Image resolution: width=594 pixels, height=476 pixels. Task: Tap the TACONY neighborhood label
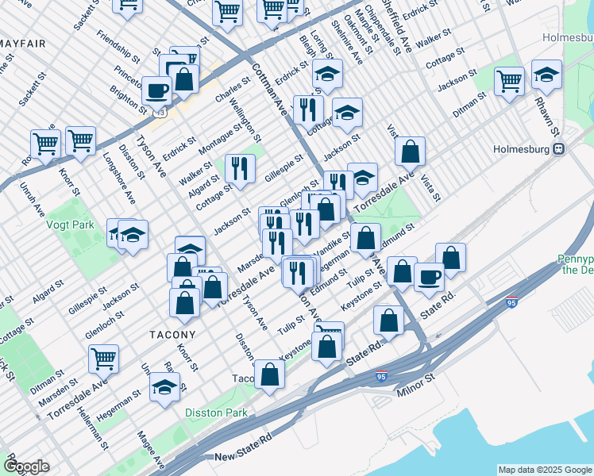[x=172, y=335]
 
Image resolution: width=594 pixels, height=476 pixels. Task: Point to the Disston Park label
[x=216, y=413]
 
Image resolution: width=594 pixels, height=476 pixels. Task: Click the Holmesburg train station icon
[x=559, y=148]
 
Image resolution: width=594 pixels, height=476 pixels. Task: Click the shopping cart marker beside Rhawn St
[x=509, y=80]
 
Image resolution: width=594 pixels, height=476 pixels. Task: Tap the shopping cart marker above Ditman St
[x=104, y=358]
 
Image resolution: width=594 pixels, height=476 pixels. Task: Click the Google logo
[x=26, y=466]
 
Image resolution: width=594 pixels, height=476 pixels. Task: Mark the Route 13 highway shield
[x=162, y=113]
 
